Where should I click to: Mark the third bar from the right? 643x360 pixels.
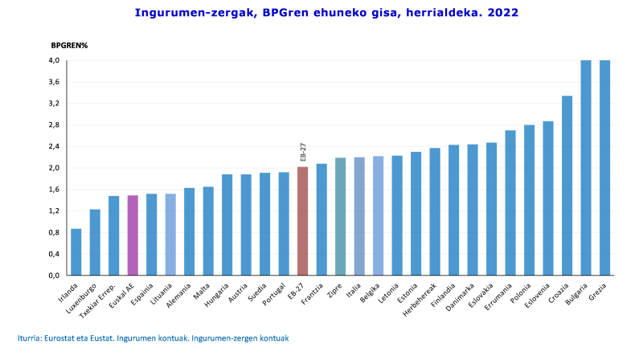click(567, 185)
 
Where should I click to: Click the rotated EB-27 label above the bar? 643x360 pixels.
click(303, 152)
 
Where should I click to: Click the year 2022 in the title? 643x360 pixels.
click(503, 13)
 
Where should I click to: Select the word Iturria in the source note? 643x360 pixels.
click(30, 338)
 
